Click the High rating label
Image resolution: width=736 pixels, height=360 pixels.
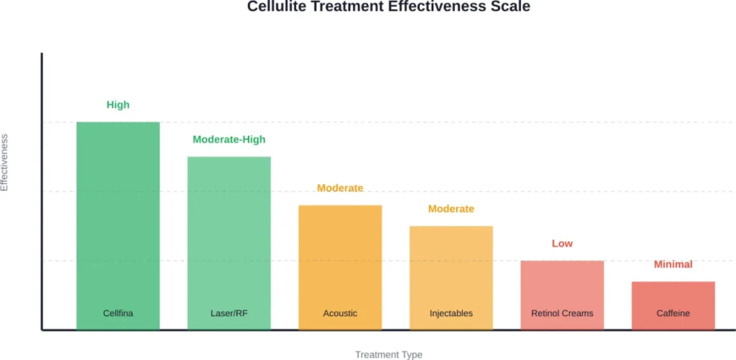118,105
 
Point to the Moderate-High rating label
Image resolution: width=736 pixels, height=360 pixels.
229,139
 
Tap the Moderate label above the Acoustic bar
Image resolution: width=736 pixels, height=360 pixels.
340,188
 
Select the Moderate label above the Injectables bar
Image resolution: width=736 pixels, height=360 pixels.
451,209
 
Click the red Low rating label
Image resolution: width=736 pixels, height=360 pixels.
562,244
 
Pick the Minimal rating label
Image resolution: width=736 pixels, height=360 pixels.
673,264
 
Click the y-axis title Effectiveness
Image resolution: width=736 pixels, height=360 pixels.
5,162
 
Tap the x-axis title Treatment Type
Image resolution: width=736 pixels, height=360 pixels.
388,354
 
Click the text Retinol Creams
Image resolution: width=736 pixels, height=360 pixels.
562,313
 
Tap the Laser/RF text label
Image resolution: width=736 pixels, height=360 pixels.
229,313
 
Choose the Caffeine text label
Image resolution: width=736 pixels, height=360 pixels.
673,313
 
